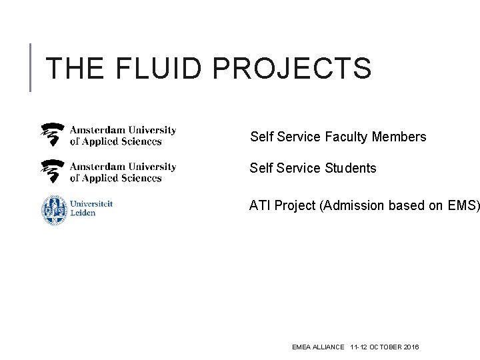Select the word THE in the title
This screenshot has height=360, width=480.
pos(74,69)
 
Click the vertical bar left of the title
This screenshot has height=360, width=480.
pos(31,67)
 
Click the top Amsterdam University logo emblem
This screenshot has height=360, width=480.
pos(53,135)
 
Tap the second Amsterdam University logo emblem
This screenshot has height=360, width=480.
pos(53,171)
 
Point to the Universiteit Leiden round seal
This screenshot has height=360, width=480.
pos(54,209)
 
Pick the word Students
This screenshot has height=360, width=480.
pos(351,169)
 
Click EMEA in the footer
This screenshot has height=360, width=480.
pos(301,347)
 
